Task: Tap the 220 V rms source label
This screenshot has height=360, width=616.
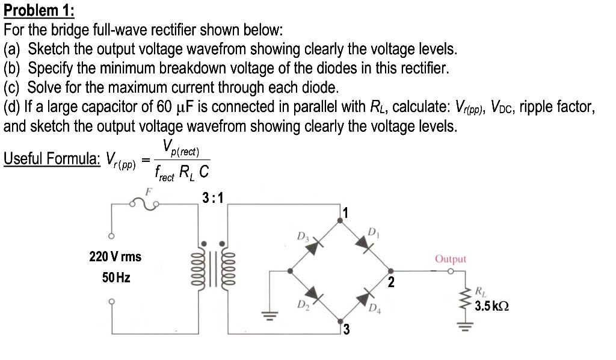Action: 115,256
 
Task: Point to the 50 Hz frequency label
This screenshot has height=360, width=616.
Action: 115,278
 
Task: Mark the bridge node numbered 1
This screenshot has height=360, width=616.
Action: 341,221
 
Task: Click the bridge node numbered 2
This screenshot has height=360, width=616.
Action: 390,271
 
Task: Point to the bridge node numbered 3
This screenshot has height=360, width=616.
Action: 341,320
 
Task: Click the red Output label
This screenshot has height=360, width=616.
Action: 451,259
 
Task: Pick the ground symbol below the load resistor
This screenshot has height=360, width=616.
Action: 463,329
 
